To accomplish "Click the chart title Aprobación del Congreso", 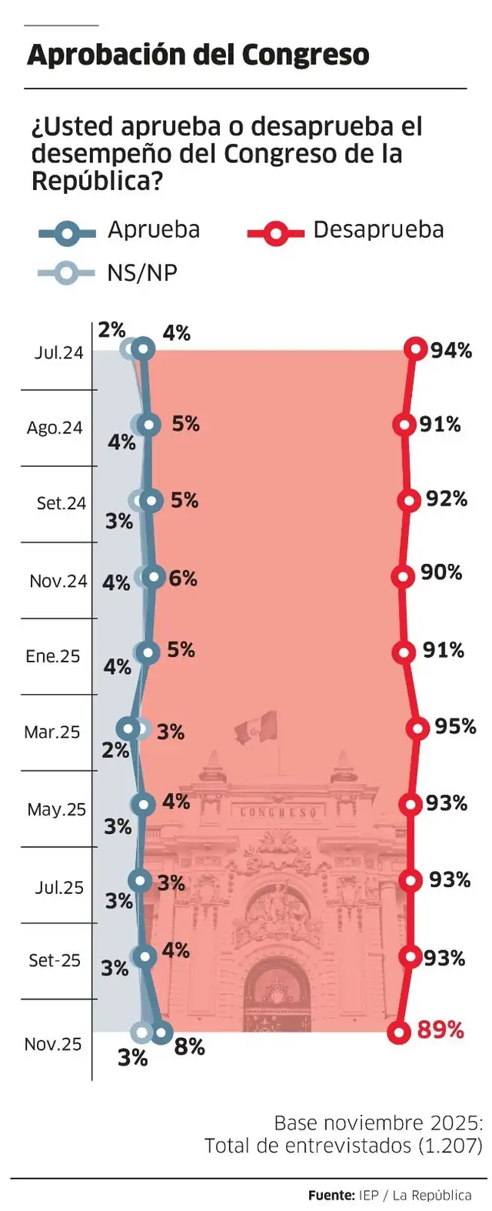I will click(198, 55).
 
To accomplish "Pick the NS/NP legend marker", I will click(68, 272).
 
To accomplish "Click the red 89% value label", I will click(440, 1030).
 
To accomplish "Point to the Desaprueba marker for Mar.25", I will click(417, 728).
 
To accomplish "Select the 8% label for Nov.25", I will click(189, 1047).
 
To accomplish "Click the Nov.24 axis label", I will click(58, 582).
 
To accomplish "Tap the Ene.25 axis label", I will click(52, 656).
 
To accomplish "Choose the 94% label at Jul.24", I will click(451, 351).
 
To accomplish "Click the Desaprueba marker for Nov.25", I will click(398, 1032).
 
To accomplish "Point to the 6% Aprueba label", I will click(183, 578).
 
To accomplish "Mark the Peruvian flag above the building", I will click(256, 727).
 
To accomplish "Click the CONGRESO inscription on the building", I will click(278, 812).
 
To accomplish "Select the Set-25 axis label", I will click(54, 961).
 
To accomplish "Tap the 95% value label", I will click(455, 726).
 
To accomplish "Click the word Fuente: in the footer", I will click(331, 1195).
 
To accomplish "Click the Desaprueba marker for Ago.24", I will click(404, 424).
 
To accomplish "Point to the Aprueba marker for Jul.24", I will click(144, 349).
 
